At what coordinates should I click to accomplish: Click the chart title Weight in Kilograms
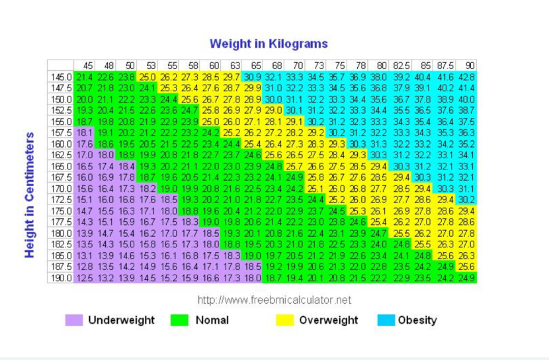(269, 44)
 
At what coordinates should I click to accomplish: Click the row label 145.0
(61, 77)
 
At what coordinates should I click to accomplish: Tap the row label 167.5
(61, 177)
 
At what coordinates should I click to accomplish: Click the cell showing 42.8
(468, 77)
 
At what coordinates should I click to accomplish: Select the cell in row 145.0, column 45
(85, 77)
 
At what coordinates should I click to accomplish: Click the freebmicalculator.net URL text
(274, 300)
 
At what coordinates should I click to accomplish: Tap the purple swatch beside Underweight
(73, 320)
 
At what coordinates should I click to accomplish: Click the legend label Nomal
(212, 320)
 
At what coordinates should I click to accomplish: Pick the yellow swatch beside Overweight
(284, 320)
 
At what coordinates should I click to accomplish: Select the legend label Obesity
(417, 320)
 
